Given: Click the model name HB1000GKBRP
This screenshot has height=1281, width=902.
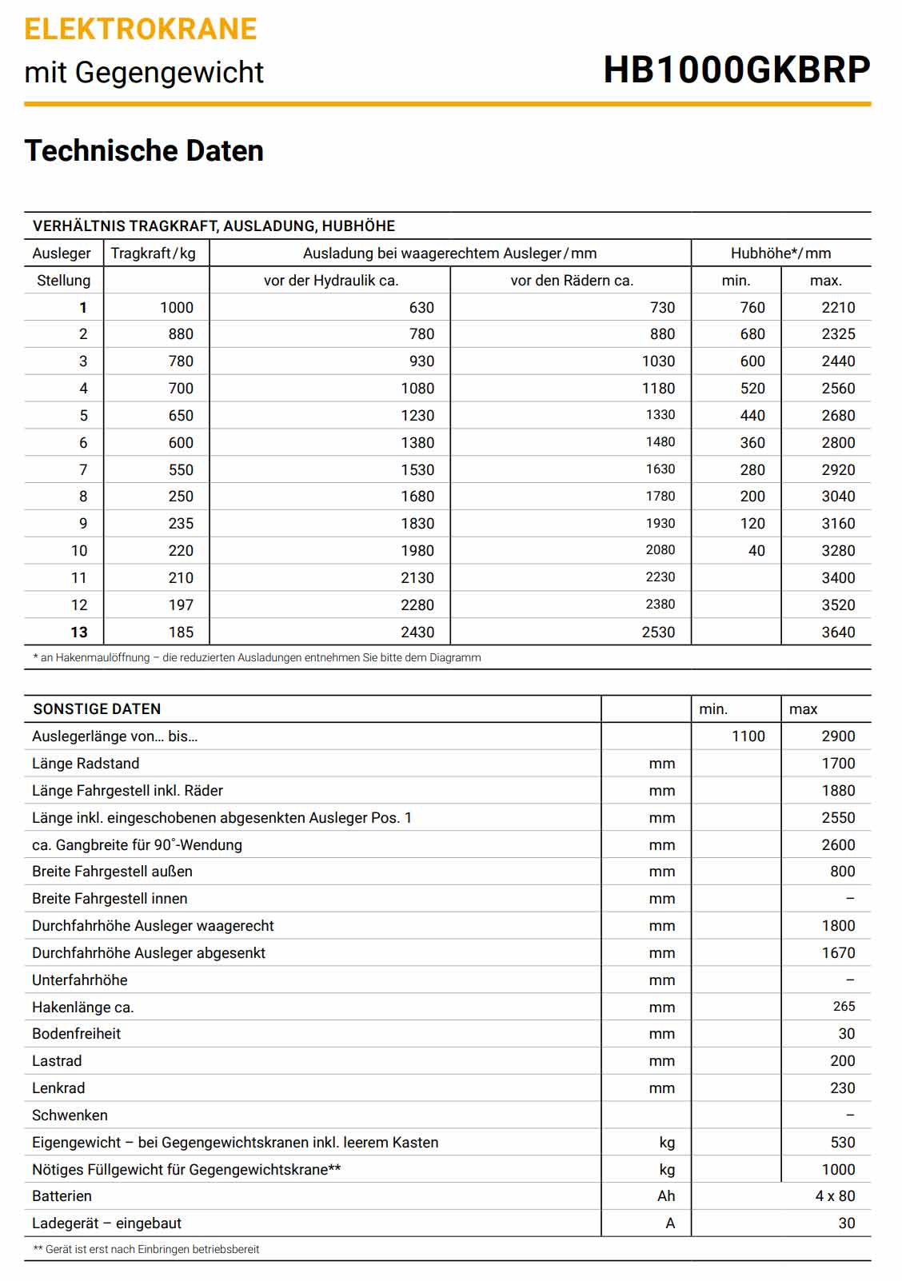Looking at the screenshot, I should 736,70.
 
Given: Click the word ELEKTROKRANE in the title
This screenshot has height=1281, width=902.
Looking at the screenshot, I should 141,30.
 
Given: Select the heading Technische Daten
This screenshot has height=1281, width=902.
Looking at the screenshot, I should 144,151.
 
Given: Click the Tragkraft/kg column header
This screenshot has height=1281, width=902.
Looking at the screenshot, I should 154,253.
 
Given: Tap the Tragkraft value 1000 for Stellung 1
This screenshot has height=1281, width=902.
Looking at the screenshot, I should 177,308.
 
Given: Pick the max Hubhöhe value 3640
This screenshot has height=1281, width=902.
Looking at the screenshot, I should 838,633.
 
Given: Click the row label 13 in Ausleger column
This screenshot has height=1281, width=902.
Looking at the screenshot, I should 79,633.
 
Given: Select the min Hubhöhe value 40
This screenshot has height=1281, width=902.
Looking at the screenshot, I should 756,551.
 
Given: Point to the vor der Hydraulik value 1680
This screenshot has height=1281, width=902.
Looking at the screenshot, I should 417,497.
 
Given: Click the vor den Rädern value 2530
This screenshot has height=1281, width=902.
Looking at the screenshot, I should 658,633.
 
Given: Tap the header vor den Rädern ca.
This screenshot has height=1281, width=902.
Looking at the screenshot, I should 572,281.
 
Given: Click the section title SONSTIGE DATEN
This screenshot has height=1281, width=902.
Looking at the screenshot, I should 97,709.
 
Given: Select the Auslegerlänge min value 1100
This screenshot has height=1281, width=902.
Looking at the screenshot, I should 748,736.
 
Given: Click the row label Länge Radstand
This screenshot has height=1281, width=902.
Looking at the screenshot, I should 86,764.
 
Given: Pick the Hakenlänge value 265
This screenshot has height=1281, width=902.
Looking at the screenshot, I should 844,1007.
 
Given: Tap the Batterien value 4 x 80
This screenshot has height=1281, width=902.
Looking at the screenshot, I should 835,1196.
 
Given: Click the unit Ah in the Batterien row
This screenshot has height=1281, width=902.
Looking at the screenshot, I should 666,1196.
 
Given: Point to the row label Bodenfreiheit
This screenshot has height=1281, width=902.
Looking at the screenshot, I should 77,1034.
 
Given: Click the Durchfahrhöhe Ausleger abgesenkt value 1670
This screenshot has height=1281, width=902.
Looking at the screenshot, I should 838,953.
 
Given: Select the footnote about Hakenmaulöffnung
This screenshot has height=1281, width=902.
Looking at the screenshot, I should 257,658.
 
